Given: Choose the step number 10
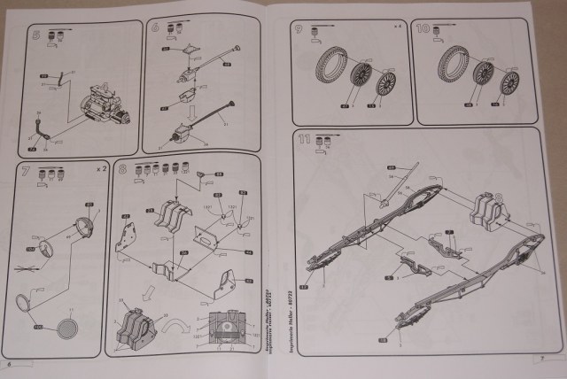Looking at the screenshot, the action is click(x=423, y=29).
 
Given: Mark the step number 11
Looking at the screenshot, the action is click(x=305, y=139).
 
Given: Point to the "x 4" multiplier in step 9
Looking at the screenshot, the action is click(x=398, y=31).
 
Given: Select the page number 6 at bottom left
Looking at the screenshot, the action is click(x=9, y=365).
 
